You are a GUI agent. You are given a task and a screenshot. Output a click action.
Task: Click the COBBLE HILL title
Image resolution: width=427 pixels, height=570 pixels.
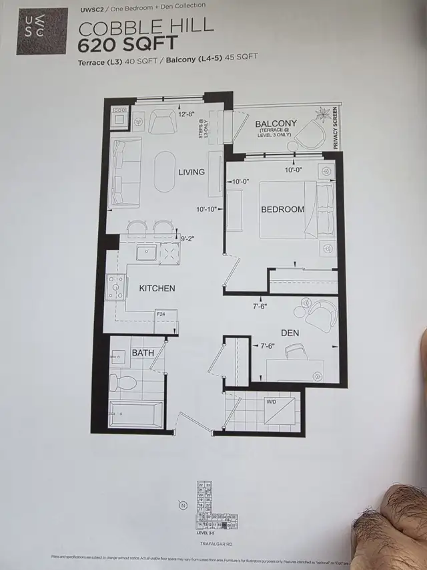tap(146, 27)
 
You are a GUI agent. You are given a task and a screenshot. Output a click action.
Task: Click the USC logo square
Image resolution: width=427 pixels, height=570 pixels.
tap(42, 31)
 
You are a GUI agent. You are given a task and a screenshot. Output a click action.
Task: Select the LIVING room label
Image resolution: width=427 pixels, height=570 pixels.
tap(191, 172)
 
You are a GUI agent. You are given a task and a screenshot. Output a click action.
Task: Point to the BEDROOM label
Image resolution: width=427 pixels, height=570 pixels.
tap(282, 209)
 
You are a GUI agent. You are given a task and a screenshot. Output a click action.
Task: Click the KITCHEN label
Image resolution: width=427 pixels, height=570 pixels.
tap(157, 288)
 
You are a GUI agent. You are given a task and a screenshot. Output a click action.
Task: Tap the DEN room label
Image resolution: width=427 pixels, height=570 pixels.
tap(290, 333)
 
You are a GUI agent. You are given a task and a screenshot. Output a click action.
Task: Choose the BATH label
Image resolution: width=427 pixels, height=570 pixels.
tap(143, 352)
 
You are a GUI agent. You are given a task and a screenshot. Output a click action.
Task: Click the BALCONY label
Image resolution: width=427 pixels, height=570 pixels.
tap(276, 124)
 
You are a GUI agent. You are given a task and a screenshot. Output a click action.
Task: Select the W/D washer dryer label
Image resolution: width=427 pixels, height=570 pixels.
tap(272, 402)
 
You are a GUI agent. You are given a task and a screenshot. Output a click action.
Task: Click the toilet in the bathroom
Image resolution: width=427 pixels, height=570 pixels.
tap(123, 383)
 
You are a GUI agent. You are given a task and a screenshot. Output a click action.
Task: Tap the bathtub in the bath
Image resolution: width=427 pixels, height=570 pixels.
tap(135, 414)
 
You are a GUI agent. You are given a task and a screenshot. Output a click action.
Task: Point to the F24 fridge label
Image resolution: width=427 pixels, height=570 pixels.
tap(161, 313)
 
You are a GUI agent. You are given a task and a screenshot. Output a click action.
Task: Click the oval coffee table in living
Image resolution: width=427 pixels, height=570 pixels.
tap(165, 171)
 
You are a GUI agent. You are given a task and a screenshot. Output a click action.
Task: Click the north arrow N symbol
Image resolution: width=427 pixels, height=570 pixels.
tap(181, 505)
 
